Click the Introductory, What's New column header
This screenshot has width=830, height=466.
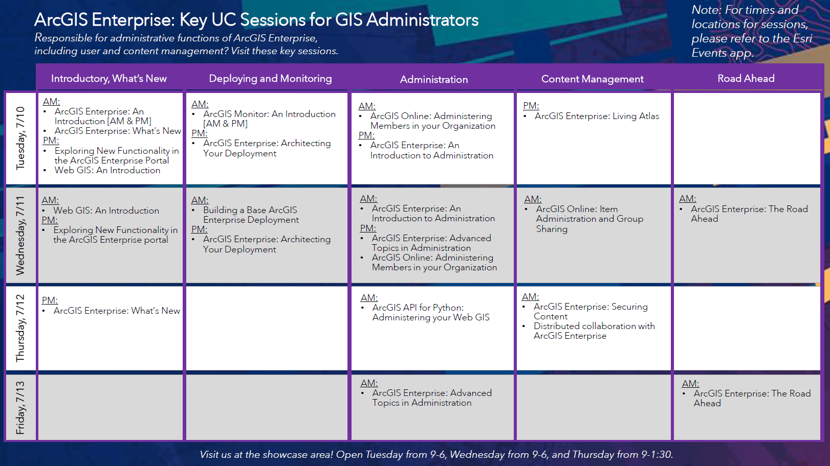(108, 79)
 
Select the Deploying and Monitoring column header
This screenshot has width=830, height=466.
(270, 79)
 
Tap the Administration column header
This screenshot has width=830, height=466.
(433, 79)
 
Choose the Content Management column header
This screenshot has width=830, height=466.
(592, 79)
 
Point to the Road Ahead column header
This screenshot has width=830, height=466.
(746, 78)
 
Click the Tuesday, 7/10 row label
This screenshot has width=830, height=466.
(20, 138)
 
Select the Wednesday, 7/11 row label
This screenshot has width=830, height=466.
(20, 235)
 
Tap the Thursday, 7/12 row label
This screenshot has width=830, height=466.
(20, 328)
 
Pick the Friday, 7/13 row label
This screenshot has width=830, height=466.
(20, 407)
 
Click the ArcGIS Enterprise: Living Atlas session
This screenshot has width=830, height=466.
(597, 116)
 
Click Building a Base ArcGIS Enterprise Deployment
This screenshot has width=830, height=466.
(251, 215)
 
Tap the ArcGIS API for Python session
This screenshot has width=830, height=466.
(430, 313)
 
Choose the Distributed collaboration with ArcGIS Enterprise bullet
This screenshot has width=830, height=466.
(594, 331)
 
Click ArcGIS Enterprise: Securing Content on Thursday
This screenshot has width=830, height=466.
(590, 312)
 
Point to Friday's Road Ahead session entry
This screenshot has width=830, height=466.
(751, 398)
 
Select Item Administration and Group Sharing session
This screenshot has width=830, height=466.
(589, 219)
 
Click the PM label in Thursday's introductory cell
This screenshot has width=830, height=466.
(50, 300)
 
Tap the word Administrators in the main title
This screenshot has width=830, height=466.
(422, 20)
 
